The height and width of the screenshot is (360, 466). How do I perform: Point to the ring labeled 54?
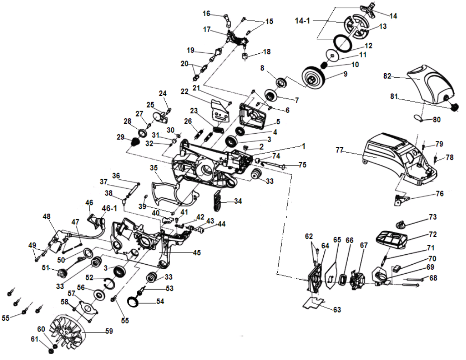tap(135, 301)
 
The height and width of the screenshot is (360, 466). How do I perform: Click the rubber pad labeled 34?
tap(217, 200)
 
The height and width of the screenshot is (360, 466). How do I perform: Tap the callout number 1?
tap(304, 146)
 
